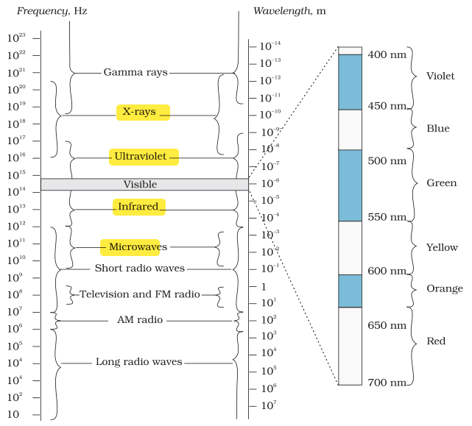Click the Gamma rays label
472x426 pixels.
pos(135,73)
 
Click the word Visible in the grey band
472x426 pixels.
pos(141,184)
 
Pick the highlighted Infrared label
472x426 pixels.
pos(138,207)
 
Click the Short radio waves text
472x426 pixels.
pos(140,268)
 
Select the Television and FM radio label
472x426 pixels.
pos(140,294)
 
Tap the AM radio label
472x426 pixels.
pos(140,319)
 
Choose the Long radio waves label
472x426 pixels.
pos(139,361)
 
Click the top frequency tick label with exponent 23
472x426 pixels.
pos(16,38)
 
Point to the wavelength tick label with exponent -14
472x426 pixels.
pos(270,46)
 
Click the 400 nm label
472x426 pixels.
pos(387,54)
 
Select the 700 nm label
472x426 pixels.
pos(387,383)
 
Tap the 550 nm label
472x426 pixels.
pos(387,217)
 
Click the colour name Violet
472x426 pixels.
pos(440,76)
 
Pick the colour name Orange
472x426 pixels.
pos(445,288)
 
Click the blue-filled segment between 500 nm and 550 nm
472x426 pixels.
pos(350,185)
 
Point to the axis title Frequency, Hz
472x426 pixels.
pos(52,11)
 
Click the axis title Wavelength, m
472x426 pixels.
pos(289,11)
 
